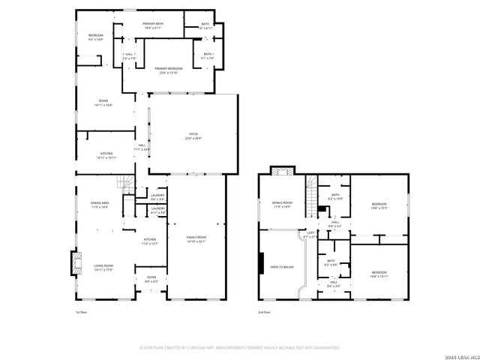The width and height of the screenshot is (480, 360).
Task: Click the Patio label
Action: point(193,136)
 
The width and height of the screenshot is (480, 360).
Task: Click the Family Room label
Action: point(196,238)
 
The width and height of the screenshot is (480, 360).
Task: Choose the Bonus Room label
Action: point(281,204)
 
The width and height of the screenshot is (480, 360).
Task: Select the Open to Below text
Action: point(282,266)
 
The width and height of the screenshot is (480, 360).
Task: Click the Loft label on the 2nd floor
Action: point(310,234)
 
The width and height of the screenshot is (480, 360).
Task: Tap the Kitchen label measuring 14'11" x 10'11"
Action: point(106,155)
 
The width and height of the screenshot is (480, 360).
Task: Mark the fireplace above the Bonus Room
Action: point(281,170)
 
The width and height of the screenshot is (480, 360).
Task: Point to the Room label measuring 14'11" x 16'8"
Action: point(103,103)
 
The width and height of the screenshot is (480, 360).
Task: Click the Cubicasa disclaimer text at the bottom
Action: point(240,347)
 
